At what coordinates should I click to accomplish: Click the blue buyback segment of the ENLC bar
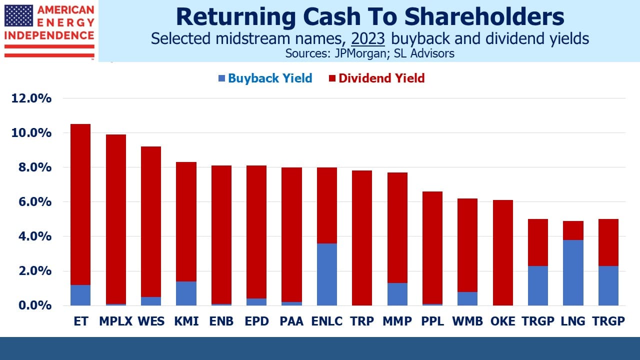[x=327, y=274]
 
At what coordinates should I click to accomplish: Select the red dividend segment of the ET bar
[x=80, y=204]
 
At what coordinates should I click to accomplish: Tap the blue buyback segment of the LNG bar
[x=573, y=272]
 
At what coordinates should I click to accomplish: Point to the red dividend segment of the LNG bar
[x=573, y=230]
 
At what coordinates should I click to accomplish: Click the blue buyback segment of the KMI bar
[x=186, y=293]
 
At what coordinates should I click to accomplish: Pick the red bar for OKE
[x=503, y=253]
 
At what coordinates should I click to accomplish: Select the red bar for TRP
[x=362, y=238]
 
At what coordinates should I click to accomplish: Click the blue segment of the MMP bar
[x=397, y=294]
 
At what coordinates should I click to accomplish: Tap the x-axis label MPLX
[x=115, y=321]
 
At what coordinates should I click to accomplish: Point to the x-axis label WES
[x=151, y=321]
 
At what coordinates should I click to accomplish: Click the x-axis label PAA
[x=291, y=321]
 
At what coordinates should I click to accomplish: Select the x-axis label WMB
[x=467, y=321]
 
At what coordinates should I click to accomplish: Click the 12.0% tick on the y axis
[x=31, y=98]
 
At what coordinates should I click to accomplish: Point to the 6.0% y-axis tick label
[x=35, y=202]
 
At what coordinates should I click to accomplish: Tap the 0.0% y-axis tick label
[x=35, y=305]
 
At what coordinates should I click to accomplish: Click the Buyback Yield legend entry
[x=265, y=78]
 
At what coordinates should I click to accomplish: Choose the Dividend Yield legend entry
[x=376, y=78]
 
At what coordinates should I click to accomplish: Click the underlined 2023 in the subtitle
[x=368, y=38]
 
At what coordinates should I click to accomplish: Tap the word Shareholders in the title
[x=484, y=16]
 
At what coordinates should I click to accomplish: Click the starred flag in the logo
[x=18, y=15]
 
